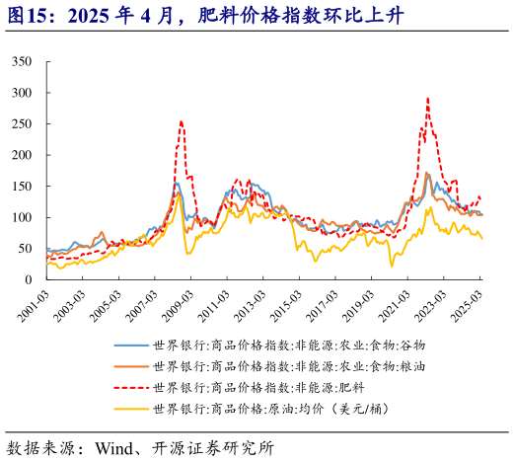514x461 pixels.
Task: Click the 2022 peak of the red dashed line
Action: click(x=427, y=99)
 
